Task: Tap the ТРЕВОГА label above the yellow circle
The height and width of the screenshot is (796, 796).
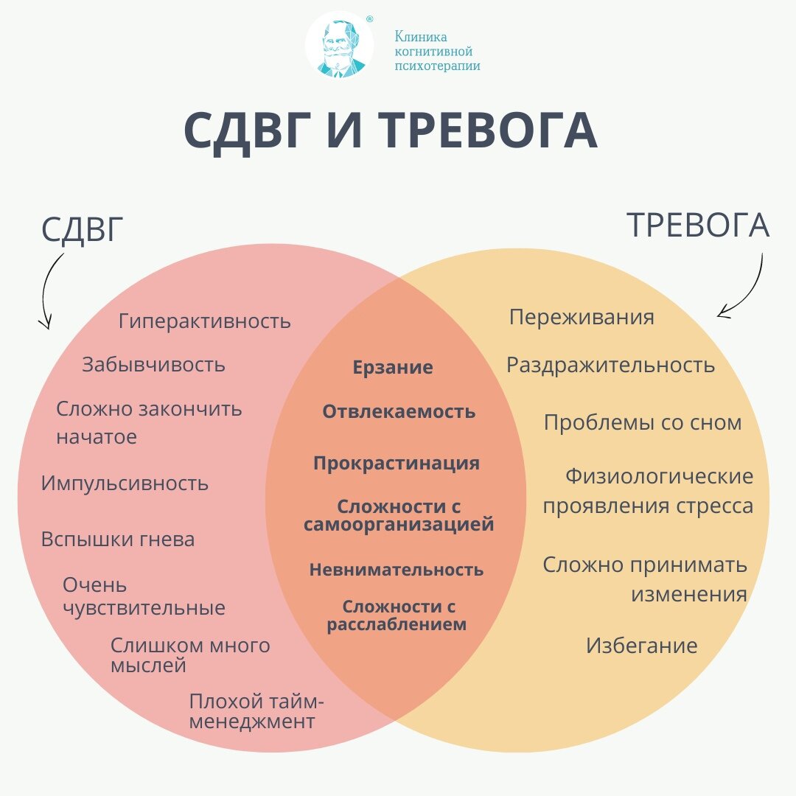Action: [697, 226]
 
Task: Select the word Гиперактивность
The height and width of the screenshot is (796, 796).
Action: [205, 321]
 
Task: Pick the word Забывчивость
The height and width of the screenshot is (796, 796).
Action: [153, 365]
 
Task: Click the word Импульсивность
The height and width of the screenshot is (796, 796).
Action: [125, 483]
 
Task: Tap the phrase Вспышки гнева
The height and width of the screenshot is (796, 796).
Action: [118, 540]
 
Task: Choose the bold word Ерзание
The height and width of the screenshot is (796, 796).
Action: [393, 368]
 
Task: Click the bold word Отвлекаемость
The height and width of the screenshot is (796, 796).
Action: [399, 412]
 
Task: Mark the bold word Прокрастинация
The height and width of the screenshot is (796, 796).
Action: [397, 464]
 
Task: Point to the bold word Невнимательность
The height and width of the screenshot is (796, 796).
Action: [397, 570]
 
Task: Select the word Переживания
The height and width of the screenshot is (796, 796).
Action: [582, 317]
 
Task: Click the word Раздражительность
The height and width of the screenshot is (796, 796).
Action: [610, 365]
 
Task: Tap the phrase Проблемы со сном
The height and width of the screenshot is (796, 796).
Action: [643, 423]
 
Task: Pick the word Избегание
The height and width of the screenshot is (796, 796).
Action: [642, 646]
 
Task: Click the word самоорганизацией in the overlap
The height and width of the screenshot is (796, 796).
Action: [399, 526]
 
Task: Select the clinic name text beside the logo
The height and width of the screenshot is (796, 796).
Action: [437, 51]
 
